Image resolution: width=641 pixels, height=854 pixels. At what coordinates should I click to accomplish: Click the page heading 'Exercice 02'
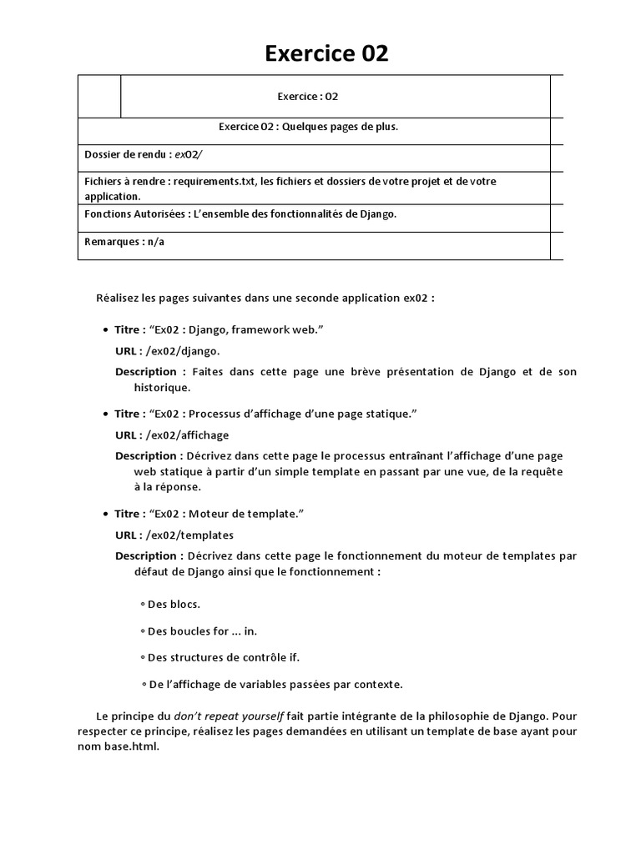click(x=326, y=54)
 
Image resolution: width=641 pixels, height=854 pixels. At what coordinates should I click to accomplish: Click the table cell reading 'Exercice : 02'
click(x=308, y=96)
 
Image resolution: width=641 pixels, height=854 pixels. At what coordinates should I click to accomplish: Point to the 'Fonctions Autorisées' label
click(x=135, y=213)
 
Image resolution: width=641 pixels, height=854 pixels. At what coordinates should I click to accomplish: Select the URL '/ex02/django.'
click(x=183, y=351)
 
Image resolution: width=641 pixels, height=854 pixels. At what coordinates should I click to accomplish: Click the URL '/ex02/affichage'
click(x=187, y=435)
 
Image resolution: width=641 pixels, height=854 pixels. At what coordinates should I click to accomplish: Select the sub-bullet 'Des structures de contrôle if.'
click(x=223, y=657)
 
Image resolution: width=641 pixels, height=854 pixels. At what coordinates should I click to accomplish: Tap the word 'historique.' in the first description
click(x=163, y=387)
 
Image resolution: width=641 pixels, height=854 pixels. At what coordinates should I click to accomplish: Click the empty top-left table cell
click(x=99, y=96)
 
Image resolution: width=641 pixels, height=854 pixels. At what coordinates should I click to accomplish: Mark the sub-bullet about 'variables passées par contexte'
click(x=275, y=685)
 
